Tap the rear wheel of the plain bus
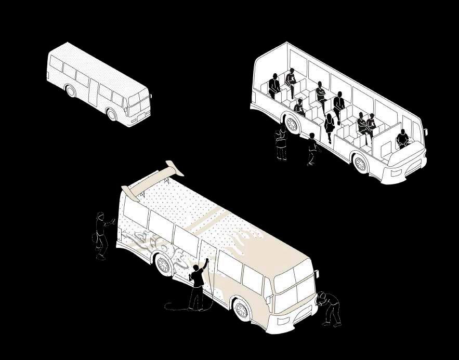point(71,91)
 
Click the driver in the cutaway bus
point(402,139)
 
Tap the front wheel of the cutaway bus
point(360,164)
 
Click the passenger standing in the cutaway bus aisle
point(330,127)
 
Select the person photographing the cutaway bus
point(281,143)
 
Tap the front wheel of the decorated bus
point(242,310)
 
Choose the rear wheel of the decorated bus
point(164,264)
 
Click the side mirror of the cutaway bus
point(425,132)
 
